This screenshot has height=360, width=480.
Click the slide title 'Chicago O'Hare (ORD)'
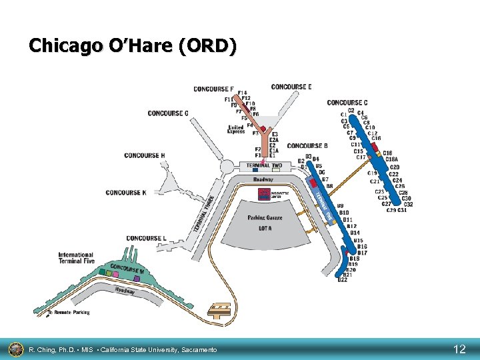132,46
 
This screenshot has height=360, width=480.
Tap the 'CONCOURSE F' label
213,89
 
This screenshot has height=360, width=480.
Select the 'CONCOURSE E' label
291,87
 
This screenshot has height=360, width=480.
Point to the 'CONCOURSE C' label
347,103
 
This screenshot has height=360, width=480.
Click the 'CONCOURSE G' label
168,113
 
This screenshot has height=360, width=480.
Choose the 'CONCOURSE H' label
144,156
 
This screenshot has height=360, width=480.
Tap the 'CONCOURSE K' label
125,193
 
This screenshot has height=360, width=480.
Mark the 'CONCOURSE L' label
146,238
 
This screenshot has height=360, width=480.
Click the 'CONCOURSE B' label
307,146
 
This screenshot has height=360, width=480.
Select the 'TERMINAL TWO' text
264,165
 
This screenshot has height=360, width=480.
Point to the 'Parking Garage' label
265,218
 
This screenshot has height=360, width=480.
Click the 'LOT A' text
265,228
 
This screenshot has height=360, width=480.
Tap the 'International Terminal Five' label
76,258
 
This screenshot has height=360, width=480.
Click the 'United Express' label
236,129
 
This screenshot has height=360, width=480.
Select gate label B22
342,280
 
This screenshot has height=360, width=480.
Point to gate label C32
408,205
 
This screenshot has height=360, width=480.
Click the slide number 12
459,349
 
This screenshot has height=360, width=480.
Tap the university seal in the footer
15,349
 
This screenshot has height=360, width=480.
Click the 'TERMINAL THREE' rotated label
203,214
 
